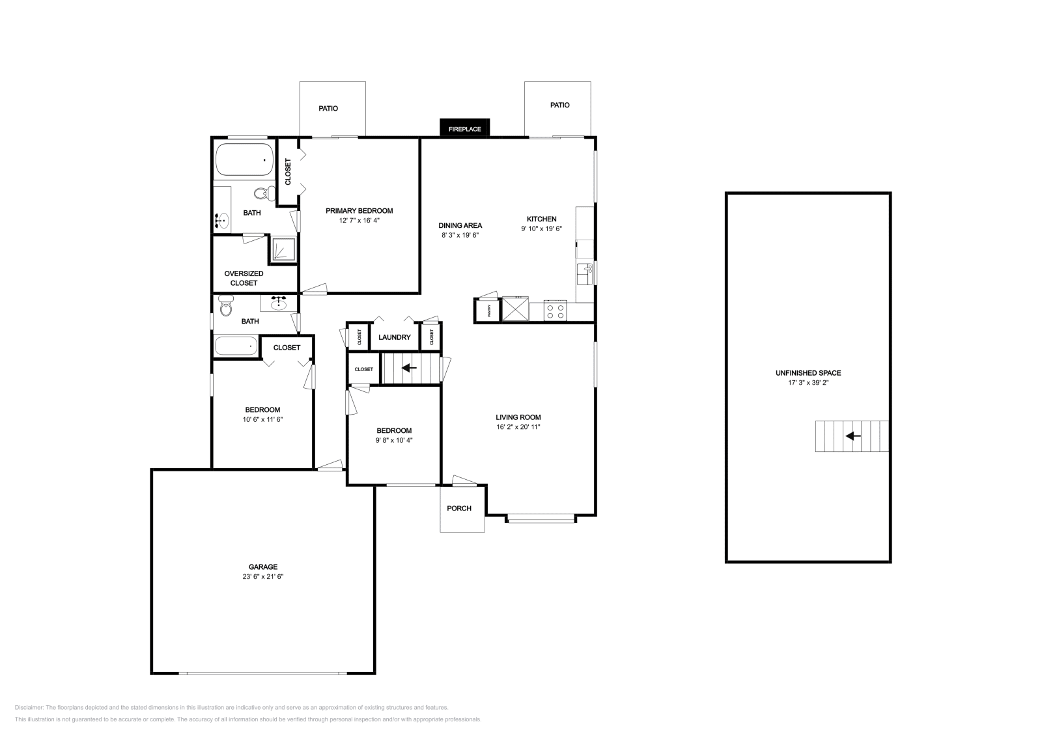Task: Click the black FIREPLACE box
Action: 464,128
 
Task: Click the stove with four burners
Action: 556,311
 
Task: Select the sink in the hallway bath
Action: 279,303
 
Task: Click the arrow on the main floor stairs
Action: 409,368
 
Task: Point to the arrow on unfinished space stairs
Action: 852,436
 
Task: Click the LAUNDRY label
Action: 394,337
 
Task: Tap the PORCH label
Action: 459,508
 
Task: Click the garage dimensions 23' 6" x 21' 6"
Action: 262,577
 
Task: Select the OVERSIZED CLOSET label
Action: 244,278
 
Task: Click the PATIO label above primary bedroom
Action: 328,109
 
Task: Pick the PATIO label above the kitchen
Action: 559,105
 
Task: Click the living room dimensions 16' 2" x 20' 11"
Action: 518,427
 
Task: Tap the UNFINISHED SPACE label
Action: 808,373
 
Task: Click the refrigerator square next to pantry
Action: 514,309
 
